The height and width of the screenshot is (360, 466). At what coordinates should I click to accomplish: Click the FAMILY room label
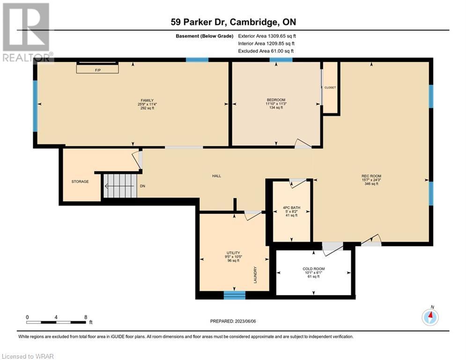pyautogui.click(x=147, y=101)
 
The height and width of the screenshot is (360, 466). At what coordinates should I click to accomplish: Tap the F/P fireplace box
pyautogui.click(x=97, y=69)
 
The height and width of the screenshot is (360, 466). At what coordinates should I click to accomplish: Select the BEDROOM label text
pyautogui.click(x=276, y=100)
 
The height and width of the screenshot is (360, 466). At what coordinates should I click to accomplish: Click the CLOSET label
pyautogui.click(x=330, y=88)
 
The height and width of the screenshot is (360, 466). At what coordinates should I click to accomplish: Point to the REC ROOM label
pyautogui.click(x=371, y=176)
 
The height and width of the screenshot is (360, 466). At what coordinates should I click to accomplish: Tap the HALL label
pyautogui.click(x=217, y=176)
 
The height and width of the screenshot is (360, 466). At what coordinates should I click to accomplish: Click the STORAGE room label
pyautogui.click(x=80, y=181)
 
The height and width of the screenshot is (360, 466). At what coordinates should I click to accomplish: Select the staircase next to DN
pyautogui.click(x=120, y=186)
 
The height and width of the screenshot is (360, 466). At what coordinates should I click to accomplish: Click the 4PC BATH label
pyautogui.click(x=292, y=208)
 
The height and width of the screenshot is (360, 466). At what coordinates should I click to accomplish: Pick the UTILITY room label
pyautogui.click(x=233, y=253)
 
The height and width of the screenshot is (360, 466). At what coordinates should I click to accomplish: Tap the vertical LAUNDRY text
pyautogui.click(x=255, y=275)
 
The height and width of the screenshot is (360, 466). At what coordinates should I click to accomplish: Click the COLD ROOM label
pyautogui.click(x=313, y=269)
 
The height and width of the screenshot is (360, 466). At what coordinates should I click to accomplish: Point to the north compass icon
pyautogui.click(x=430, y=317)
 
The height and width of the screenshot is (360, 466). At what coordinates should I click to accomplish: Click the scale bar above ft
pyautogui.click(x=56, y=322)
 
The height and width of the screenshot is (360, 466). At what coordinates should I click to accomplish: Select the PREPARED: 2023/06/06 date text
pyautogui.click(x=233, y=321)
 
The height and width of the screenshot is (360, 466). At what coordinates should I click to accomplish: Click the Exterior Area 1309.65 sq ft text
pyautogui.click(x=267, y=36)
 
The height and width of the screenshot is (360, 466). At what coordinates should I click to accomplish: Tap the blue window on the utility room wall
pyautogui.click(x=235, y=295)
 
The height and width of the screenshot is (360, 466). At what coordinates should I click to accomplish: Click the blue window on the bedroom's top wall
pyautogui.click(x=281, y=60)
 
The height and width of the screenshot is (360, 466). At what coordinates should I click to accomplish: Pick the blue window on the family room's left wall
pyautogui.click(x=35, y=106)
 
